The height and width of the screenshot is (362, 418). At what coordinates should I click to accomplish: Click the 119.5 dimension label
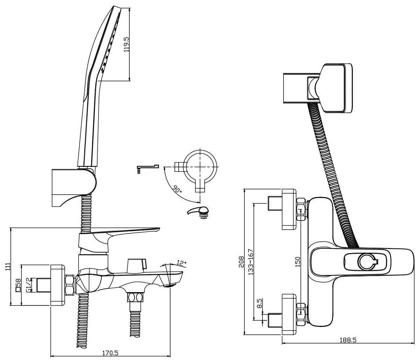(127, 44)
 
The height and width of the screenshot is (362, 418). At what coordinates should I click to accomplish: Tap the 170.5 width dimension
(110, 353)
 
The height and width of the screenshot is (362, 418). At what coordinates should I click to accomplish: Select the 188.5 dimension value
(348, 340)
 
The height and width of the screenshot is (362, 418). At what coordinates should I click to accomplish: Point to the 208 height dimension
(242, 262)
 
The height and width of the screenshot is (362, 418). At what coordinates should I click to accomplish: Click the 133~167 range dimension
(251, 262)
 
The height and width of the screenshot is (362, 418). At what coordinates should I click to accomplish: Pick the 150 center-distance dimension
(298, 261)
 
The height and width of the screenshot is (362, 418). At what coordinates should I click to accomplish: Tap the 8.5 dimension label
(260, 303)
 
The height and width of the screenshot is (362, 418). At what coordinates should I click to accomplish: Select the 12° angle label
(181, 263)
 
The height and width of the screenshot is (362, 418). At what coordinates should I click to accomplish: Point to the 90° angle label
(177, 189)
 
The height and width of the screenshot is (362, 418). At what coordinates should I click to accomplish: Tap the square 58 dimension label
(18, 285)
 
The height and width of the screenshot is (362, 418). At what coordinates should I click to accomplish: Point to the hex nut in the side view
(70, 285)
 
